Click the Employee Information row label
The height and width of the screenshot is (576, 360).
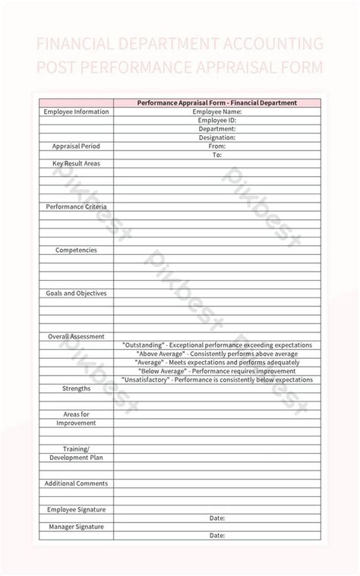76,112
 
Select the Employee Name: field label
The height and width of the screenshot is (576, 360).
216,112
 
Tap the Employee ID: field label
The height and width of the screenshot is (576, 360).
216,120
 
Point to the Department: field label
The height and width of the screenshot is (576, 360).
216,129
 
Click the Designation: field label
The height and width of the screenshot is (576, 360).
216,137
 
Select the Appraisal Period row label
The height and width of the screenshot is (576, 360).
76,146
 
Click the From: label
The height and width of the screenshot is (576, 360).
216,146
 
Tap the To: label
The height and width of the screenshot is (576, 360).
216,155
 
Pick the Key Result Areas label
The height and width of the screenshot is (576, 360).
76,163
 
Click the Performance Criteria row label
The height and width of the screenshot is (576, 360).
76,206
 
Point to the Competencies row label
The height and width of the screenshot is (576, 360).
76,250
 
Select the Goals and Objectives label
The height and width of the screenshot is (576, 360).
76,293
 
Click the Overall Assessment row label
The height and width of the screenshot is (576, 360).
76,336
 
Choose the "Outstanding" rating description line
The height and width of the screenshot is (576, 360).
216,345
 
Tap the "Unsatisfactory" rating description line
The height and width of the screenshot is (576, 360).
216,379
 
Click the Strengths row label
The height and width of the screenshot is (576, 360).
76,388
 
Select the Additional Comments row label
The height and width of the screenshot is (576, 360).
76,483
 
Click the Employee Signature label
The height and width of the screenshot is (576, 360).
76,509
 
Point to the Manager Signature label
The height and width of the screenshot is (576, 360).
76,527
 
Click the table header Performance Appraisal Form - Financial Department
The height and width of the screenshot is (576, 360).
216,102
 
